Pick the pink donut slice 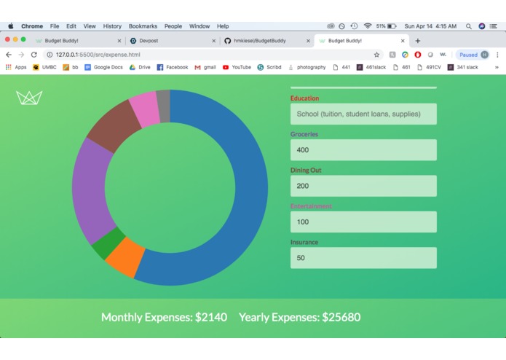143,109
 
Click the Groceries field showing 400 363,150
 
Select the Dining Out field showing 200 363,186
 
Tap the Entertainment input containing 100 363,222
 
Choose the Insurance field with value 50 363,258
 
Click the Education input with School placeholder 363,114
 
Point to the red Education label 304,98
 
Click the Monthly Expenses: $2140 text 164,317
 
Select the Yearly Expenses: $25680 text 299,317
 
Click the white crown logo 29,98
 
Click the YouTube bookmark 237,67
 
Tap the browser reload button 33,55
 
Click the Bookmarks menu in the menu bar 143,26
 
